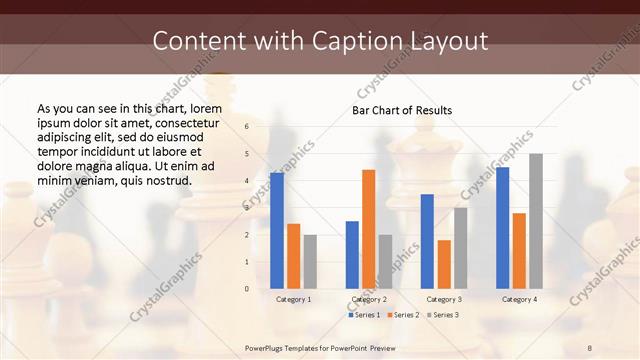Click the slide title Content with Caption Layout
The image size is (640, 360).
click(x=320, y=41)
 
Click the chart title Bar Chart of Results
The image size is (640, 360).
click(x=401, y=110)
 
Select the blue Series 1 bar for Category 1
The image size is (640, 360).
click(x=277, y=230)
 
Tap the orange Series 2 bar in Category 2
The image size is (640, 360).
click(x=368, y=229)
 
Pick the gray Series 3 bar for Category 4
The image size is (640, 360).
click(x=536, y=221)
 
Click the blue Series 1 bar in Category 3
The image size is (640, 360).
click(x=427, y=241)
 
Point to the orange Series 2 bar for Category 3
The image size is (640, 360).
click(x=444, y=264)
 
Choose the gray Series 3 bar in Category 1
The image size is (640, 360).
click(x=310, y=261)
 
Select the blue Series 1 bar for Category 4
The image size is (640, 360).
click(x=502, y=227)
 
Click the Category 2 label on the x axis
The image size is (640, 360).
click(x=369, y=299)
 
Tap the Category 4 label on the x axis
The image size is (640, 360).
click(x=519, y=299)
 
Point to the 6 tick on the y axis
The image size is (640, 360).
click(x=246, y=127)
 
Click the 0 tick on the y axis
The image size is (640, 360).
click(x=246, y=288)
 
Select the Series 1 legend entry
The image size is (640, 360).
click(x=364, y=315)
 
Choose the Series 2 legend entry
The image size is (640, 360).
click(x=403, y=315)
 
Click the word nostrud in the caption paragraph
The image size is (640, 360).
click(x=166, y=180)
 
